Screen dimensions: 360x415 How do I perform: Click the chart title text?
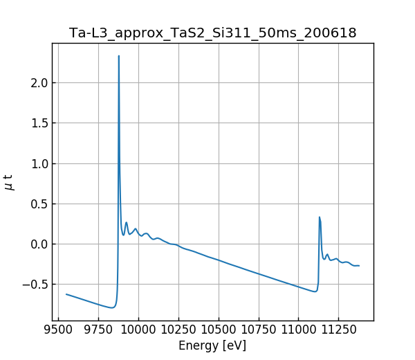point(212,33)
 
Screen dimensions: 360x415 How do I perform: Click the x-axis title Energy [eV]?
point(212,345)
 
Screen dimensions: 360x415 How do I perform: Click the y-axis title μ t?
point(9,181)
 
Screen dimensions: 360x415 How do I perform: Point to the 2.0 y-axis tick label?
point(38,83)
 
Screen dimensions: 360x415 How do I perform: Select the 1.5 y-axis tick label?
point(38,123)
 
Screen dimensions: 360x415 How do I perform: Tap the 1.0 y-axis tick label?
point(38,163)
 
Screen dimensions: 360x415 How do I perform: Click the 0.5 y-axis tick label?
point(38,204)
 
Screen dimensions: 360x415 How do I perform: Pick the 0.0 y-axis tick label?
point(38,244)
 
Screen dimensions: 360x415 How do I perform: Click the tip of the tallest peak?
point(119,56)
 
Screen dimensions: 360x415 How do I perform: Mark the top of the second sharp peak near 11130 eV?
point(320,217)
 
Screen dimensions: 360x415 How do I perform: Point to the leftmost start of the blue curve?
point(66,294)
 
